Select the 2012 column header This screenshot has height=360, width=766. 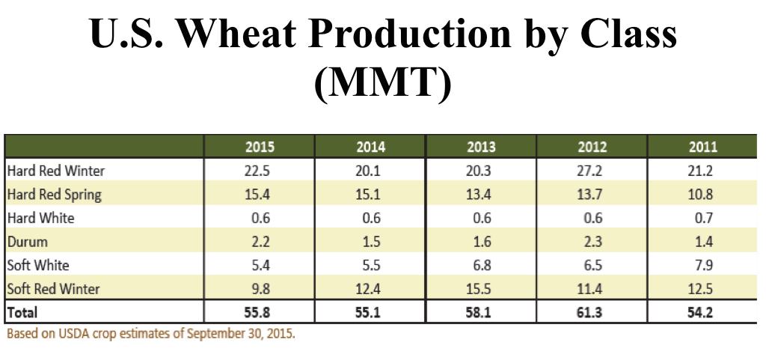592,147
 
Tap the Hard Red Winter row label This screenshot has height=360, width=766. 56,171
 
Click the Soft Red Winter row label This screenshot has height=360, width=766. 53,289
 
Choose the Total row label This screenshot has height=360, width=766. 22,312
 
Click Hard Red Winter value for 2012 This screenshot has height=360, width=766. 592,171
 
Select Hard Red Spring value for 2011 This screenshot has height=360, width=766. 703,195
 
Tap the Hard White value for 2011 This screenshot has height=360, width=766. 703,219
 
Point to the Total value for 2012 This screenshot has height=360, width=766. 592,312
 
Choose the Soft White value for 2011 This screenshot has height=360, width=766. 703,266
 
